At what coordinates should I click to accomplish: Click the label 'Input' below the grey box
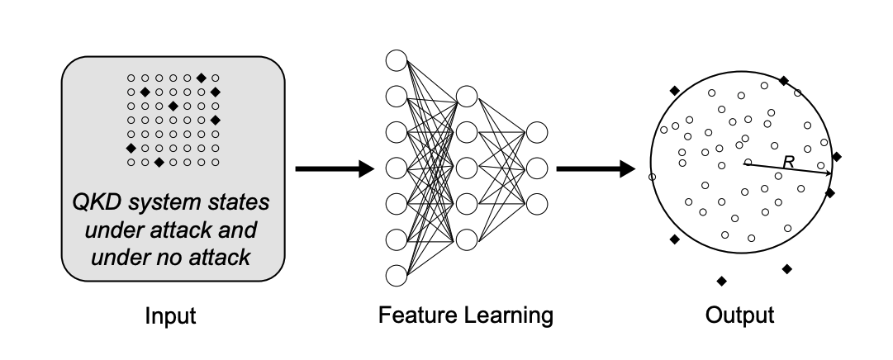click(172, 315)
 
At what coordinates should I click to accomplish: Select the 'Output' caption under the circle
click(739, 315)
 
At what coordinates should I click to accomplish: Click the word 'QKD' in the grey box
click(97, 203)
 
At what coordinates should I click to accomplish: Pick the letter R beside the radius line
click(788, 163)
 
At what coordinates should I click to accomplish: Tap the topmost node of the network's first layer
click(397, 60)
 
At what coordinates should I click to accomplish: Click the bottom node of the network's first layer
click(397, 275)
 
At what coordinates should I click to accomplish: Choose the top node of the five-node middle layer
click(467, 96)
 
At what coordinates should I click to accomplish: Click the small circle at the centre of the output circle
click(748, 162)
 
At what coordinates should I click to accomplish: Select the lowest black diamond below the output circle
click(721, 282)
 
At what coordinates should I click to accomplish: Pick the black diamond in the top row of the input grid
click(201, 78)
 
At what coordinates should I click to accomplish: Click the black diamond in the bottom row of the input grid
click(159, 163)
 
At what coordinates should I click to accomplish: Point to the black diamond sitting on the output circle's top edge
click(784, 81)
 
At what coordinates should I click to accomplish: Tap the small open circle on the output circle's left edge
click(652, 177)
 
